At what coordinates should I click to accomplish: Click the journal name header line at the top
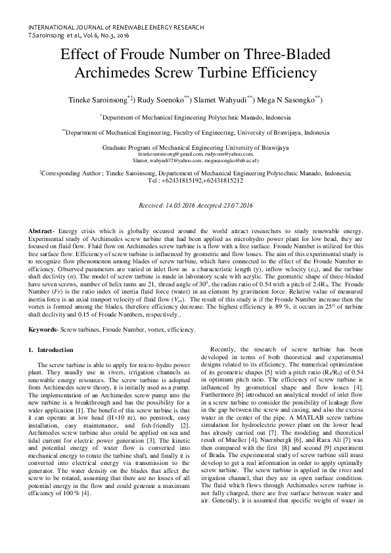tap(116, 28)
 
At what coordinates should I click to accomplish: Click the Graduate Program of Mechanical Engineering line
tap(195, 148)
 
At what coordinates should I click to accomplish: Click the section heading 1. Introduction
tap(55, 349)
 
